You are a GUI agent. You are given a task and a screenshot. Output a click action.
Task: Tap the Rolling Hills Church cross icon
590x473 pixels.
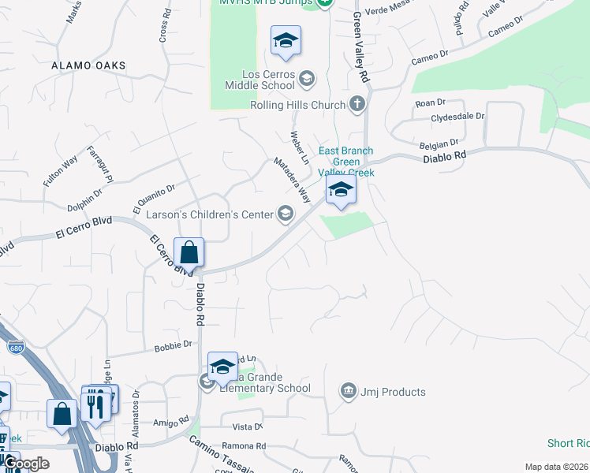357,104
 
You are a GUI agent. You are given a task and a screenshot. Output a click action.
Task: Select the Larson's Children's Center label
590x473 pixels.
208,214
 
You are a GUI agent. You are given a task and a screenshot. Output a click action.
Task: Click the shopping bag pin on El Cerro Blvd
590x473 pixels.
189,253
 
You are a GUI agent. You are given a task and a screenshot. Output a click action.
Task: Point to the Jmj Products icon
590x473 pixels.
348,391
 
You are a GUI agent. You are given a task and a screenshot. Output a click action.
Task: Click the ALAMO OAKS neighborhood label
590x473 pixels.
84,66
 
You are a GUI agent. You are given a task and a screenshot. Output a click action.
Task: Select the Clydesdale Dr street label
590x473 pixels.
457,116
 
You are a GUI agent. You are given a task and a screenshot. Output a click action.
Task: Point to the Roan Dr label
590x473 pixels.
431,102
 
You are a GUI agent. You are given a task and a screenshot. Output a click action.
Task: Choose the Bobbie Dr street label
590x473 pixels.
174,345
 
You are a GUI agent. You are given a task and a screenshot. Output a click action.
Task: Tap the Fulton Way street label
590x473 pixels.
61,170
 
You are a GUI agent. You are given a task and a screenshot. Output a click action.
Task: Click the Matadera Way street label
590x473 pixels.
292,179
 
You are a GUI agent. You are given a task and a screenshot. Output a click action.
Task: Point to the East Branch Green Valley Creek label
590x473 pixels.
345,162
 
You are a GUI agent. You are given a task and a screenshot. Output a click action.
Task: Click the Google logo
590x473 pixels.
26,464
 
